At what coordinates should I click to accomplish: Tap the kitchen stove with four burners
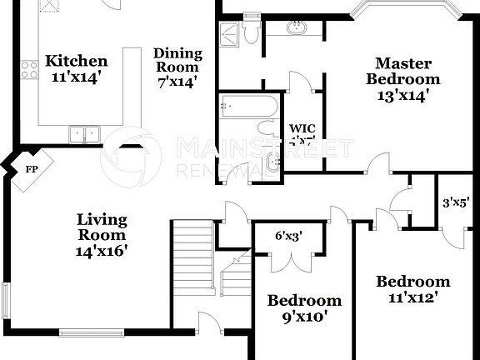click(31, 70)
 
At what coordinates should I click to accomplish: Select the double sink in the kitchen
click(83, 132)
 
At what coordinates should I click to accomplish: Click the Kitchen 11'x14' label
click(76, 67)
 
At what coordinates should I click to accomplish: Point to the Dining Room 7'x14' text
click(177, 67)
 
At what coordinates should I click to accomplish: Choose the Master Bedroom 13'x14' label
click(403, 79)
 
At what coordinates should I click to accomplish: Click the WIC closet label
click(301, 134)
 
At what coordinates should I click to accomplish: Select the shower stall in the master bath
click(228, 34)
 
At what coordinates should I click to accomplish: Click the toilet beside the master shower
click(251, 32)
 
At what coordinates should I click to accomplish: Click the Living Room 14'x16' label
click(102, 234)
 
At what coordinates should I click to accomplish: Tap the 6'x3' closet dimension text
click(288, 235)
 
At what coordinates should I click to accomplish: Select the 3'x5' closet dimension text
click(457, 201)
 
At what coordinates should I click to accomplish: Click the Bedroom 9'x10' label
click(304, 308)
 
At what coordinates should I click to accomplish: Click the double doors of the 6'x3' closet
click(288, 260)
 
